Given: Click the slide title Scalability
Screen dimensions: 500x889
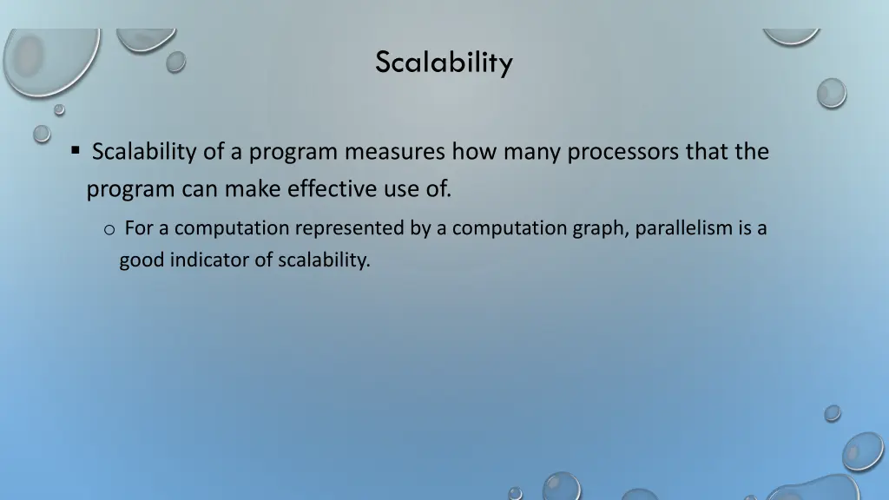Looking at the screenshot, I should (444, 62).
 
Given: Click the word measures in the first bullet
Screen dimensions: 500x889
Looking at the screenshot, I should (395, 152).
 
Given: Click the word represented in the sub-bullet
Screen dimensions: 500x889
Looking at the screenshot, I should (347, 228).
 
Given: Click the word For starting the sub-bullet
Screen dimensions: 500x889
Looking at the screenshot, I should (139, 228).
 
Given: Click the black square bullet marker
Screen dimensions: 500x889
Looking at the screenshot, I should (76, 152).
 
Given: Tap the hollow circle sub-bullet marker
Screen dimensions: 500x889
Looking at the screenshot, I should (109, 229).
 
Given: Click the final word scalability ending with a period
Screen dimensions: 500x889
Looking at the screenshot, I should (324, 260).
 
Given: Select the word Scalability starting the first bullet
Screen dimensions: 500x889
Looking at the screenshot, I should (144, 152).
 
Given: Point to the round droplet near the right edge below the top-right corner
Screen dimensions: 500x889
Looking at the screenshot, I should (831, 93).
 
